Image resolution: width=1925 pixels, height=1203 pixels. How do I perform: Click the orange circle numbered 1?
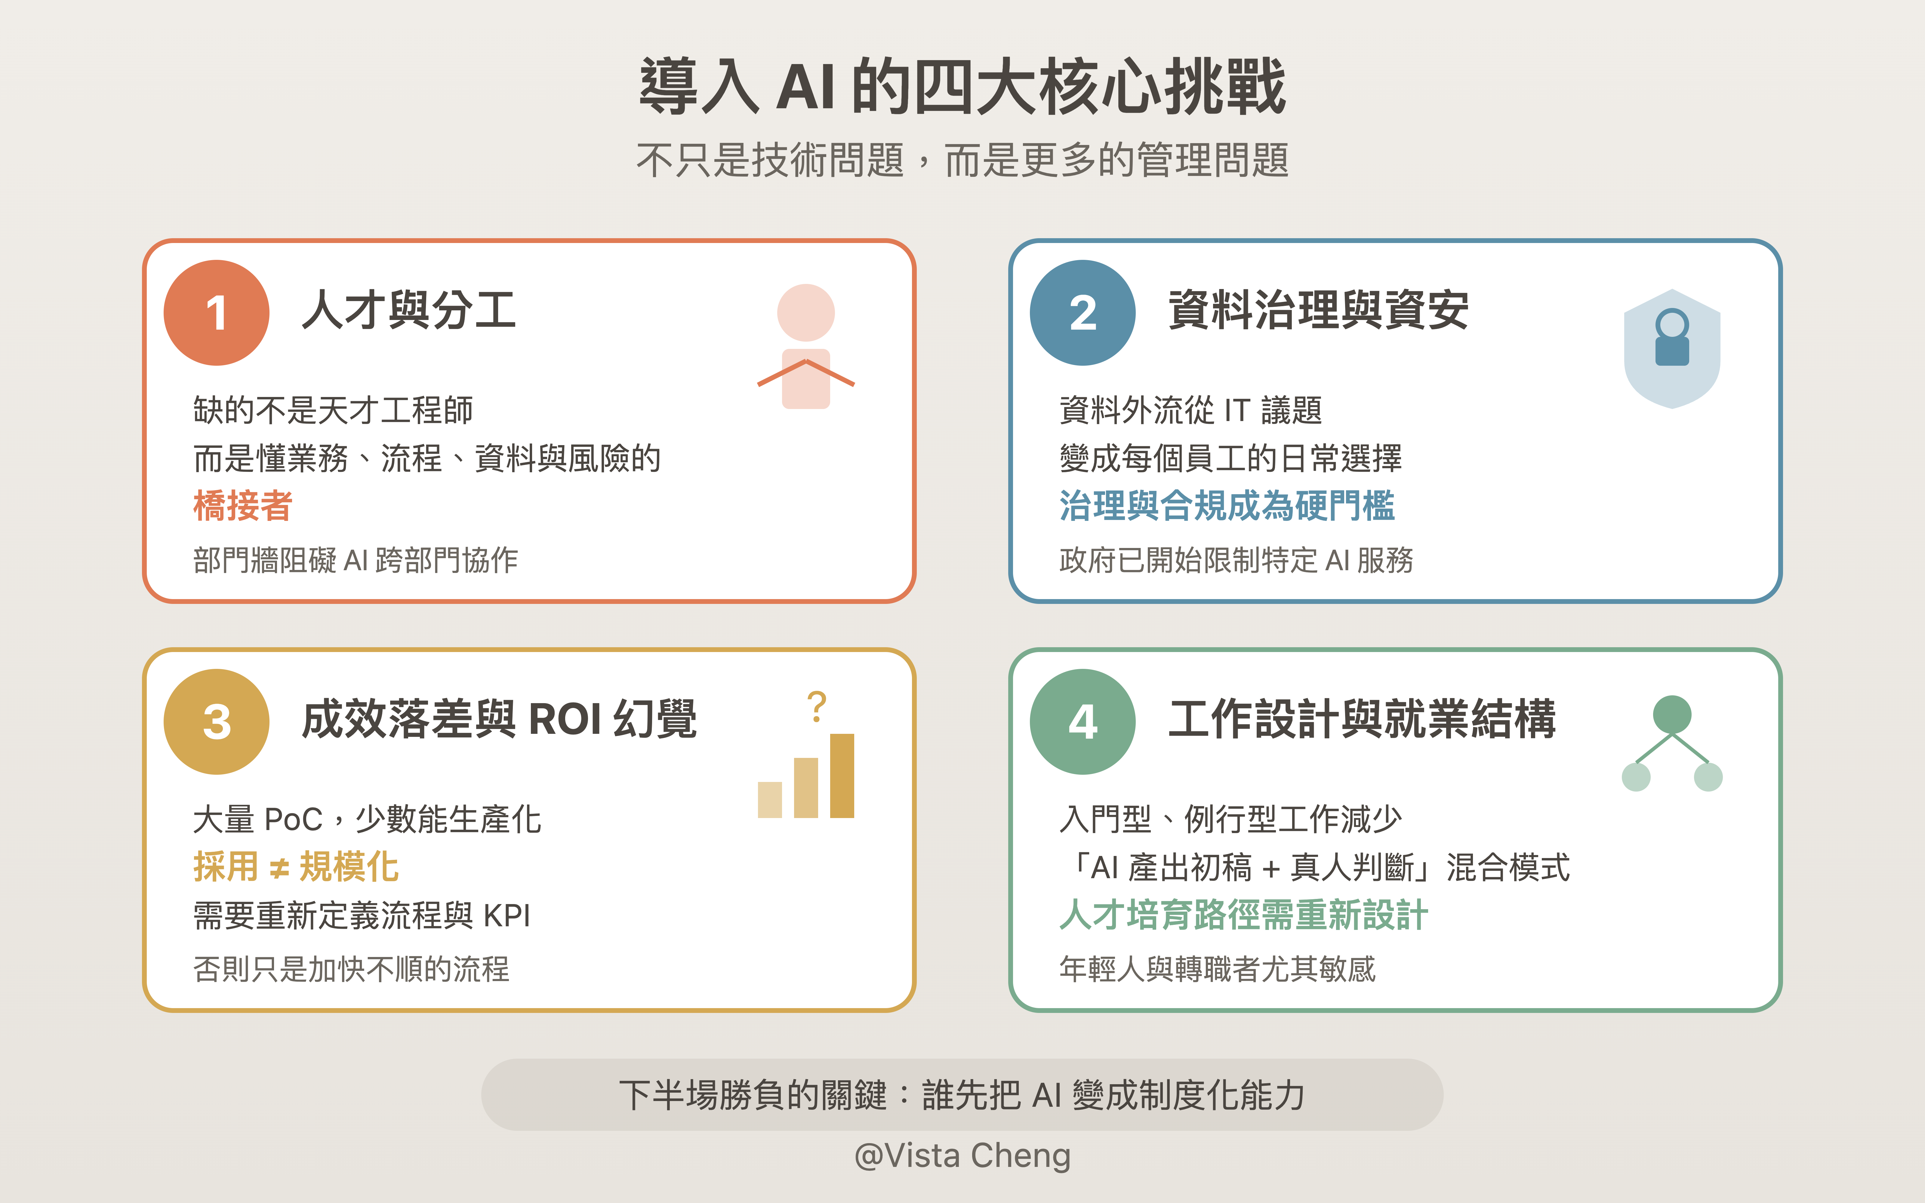click(216, 313)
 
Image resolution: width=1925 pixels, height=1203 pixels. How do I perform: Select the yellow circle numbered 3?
click(216, 721)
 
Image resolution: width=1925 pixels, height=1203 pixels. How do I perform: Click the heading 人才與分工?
click(409, 310)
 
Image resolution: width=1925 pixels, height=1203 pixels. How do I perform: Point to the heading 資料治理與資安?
click(1317, 310)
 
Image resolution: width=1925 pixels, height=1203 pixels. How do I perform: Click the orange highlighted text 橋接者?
click(243, 506)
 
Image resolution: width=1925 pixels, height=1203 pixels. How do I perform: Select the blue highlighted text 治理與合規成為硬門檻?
click(1227, 506)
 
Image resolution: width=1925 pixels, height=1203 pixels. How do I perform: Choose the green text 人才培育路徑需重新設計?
click(1243, 915)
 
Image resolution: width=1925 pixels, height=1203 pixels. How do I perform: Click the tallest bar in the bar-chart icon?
click(842, 776)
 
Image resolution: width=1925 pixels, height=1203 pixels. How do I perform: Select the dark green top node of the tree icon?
click(1672, 714)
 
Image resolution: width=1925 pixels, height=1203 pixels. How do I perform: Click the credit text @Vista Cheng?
click(962, 1155)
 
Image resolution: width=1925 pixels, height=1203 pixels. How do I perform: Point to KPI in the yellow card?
click(507, 916)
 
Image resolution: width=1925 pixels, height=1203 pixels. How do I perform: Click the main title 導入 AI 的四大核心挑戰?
click(962, 86)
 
